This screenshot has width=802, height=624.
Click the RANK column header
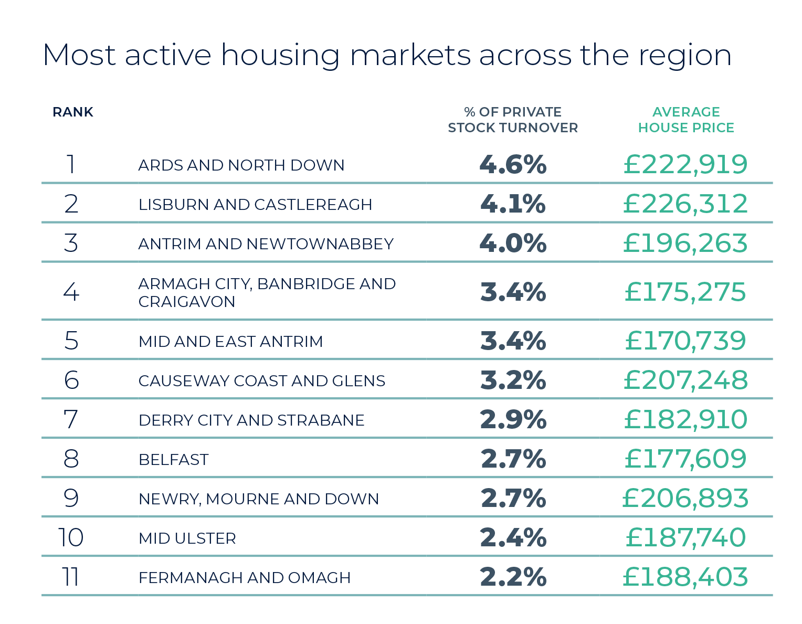coord(73,112)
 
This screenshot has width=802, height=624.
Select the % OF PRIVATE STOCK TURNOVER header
coord(513,120)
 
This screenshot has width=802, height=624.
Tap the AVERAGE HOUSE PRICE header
coord(685,120)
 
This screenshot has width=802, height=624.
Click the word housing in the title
coord(280,56)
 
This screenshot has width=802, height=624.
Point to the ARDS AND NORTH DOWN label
coord(241,165)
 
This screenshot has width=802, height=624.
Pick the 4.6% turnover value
coord(513,165)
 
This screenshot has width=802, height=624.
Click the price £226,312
coord(685,204)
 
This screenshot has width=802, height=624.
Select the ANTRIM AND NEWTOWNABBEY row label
coord(266,244)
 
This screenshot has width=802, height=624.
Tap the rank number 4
coord(71,292)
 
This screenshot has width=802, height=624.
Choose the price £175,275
coord(685,292)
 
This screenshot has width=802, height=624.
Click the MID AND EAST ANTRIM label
coord(230,342)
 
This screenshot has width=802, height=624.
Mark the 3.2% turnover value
coord(513,380)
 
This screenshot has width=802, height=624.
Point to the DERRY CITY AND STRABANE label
coord(251,420)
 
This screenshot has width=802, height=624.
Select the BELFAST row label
coord(174,460)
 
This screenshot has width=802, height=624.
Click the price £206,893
coord(685,499)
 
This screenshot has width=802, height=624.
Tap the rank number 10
coord(71,538)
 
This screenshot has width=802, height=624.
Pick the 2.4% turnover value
coord(513,538)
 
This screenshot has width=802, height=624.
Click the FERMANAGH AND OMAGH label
coord(244,578)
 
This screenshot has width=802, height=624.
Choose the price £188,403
coord(685,577)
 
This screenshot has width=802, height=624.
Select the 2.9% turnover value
coord(513,420)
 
